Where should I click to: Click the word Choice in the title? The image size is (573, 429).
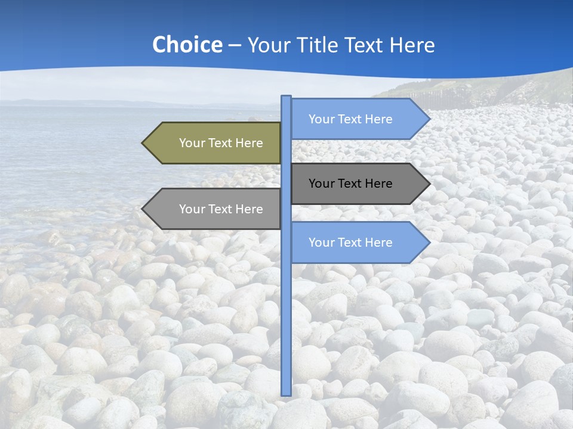pos(187,45)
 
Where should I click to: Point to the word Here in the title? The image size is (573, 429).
pos(411,45)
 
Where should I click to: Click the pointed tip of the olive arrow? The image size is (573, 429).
pos(143,143)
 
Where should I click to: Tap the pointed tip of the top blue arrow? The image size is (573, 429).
pos(429,119)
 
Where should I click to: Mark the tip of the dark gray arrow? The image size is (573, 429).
pos(429,184)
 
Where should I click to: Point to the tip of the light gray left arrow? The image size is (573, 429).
pos(143,209)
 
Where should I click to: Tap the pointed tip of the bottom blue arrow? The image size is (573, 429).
pos(429,243)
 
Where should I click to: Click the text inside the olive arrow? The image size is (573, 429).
pos(221,143)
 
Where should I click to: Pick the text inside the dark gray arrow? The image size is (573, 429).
pos(350,184)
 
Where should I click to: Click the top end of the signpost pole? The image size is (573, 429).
pos(286,97)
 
